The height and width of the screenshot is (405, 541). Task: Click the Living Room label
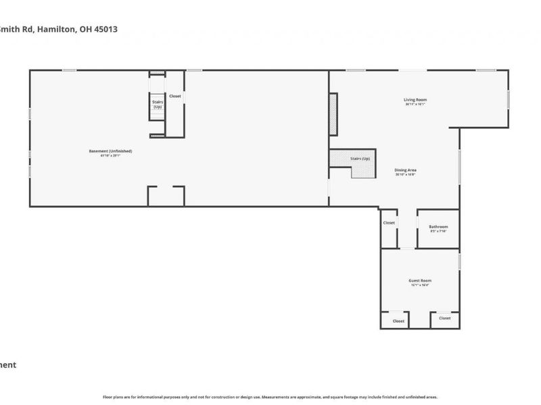point(415,100)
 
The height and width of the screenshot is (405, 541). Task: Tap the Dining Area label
point(405,170)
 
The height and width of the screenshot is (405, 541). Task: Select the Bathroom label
point(439,227)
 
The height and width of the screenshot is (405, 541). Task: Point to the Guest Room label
point(420,280)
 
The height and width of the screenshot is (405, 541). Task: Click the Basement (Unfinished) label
point(110,151)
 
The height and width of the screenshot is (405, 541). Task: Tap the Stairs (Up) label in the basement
point(157,104)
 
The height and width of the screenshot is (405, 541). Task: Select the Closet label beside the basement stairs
point(175,96)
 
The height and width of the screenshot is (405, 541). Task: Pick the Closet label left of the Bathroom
point(389,223)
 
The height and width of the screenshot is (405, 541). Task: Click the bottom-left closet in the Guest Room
point(398,321)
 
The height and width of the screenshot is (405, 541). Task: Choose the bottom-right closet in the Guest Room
point(444,318)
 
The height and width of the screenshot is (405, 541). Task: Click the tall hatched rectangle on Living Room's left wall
point(333,113)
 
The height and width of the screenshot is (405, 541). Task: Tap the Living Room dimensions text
point(415,105)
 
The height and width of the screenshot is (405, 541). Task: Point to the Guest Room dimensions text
point(420,285)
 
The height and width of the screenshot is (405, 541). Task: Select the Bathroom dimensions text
point(439,232)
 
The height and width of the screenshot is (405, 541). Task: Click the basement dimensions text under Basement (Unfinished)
point(110,155)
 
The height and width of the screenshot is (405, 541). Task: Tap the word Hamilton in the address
point(59,30)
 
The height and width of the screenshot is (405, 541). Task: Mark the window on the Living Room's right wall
point(508,99)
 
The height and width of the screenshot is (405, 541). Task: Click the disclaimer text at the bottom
point(270,397)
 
